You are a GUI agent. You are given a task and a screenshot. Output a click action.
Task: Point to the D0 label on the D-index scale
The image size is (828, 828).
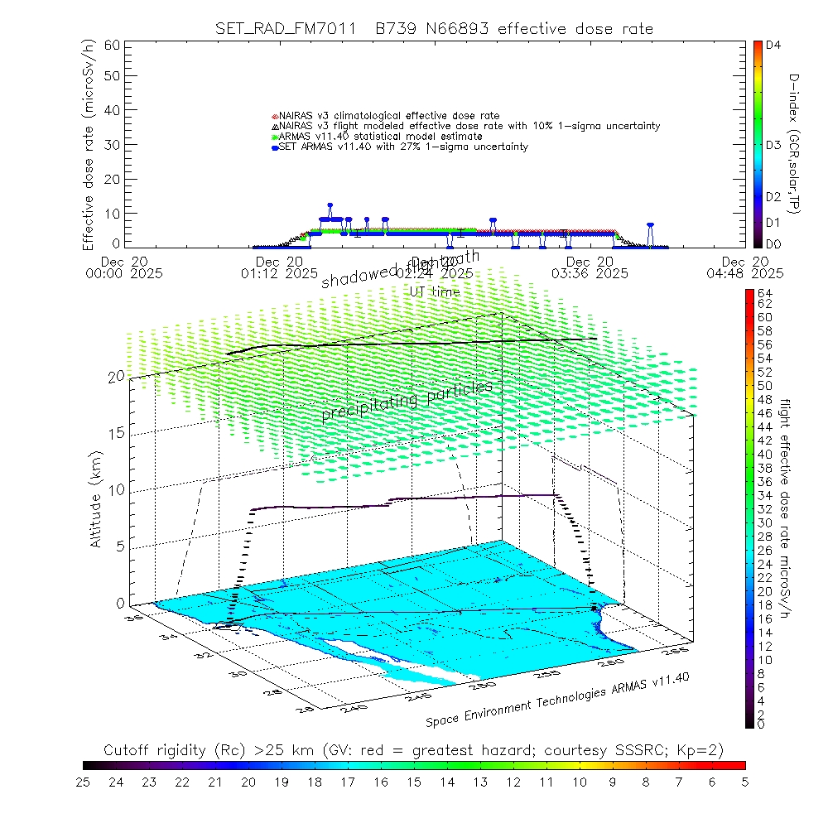774,244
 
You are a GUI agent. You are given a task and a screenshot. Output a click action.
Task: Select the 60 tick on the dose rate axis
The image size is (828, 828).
112,45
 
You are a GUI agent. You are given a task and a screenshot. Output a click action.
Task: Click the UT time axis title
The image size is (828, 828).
435,291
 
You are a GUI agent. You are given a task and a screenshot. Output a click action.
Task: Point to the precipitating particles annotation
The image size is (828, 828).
407,399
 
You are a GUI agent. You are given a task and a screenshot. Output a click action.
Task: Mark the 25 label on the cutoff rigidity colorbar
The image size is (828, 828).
84,782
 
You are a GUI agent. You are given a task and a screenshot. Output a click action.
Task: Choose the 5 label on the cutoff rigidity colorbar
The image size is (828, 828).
744,782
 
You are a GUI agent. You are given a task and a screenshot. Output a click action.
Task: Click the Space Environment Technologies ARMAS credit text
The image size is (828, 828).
559,700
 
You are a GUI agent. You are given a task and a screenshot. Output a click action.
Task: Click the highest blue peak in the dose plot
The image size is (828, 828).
330,205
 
